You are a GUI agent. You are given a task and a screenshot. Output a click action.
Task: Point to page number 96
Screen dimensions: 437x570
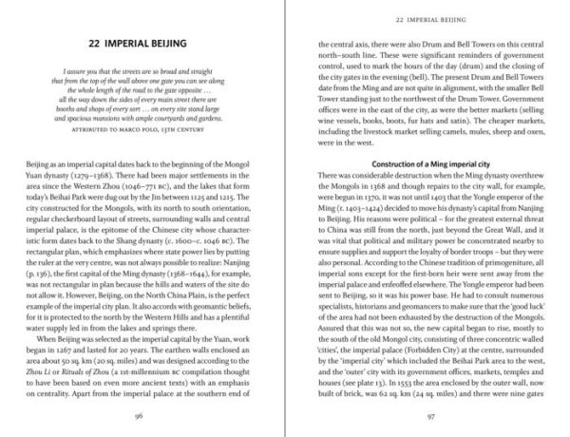point(144,414)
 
